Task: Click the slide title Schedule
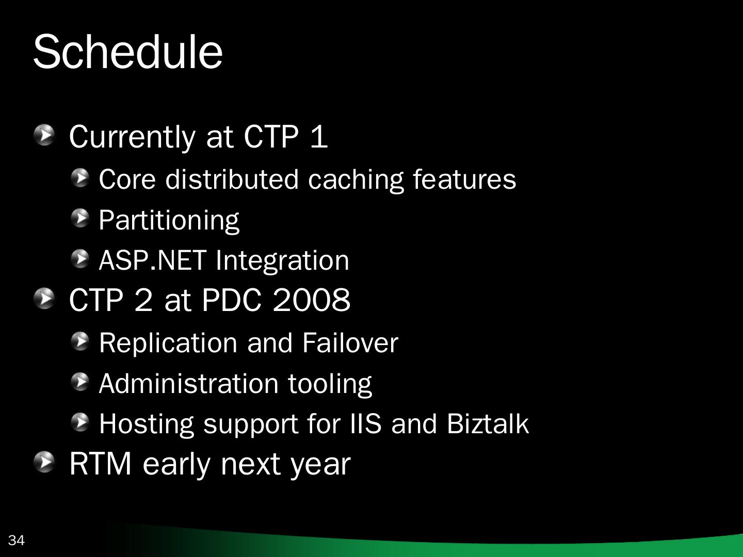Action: (x=128, y=52)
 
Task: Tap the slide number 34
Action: (x=16, y=540)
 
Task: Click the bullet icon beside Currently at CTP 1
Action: (x=44, y=135)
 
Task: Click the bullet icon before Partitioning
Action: (x=80, y=218)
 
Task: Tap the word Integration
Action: (x=282, y=261)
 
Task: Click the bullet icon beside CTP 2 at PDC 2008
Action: (x=44, y=298)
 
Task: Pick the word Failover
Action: (x=350, y=342)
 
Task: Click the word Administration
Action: (x=189, y=384)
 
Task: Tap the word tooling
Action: (x=330, y=385)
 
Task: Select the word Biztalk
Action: (x=488, y=423)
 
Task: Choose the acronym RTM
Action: (x=100, y=464)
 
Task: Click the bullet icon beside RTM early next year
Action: (x=44, y=462)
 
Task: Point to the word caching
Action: (x=356, y=181)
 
